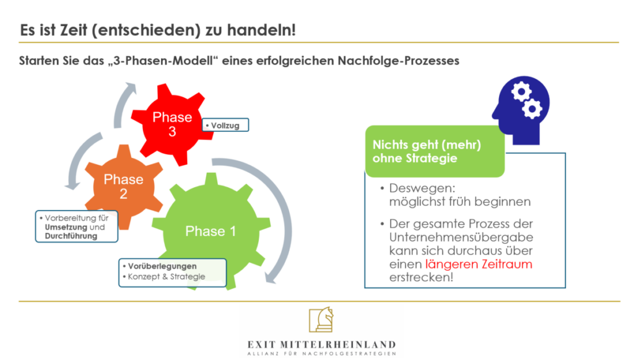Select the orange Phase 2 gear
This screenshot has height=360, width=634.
point(123,187)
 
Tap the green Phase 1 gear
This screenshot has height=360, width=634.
point(211,231)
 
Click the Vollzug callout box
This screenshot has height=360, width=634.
point(225,125)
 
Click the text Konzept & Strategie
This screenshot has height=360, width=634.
point(166,277)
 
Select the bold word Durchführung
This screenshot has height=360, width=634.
point(71,236)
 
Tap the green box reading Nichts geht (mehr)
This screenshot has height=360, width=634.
point(435,151)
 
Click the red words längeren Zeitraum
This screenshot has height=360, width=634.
point(479,264)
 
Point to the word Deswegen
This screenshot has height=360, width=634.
point(422,188)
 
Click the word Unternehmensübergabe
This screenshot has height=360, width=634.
point(461,237)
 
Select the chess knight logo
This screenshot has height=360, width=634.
point(321,320)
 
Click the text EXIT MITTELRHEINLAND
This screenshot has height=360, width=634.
point(321,345)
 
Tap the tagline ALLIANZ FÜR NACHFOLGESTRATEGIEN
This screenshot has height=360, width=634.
point(321,354)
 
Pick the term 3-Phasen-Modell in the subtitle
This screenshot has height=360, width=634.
point(163,61)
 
